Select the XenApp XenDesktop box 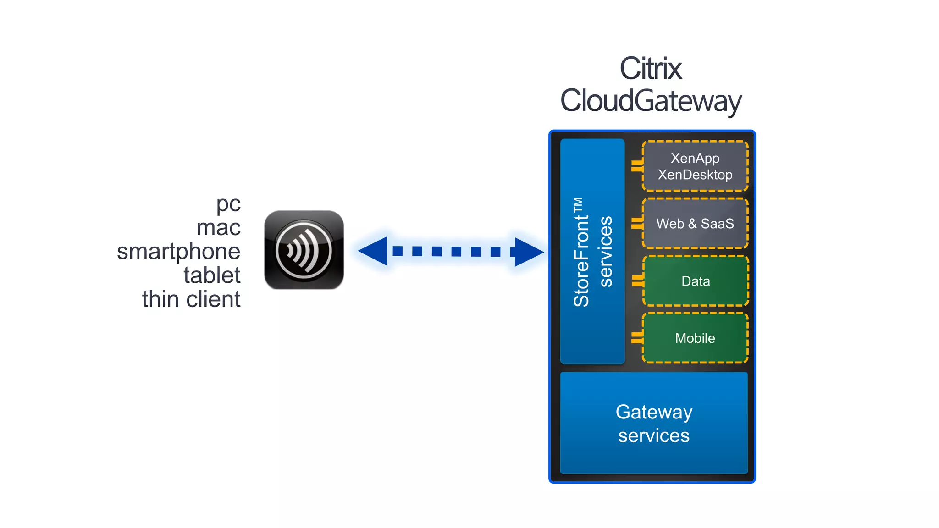click(x=695, y=166)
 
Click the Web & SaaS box click(x=695, y=224)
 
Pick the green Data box click(x=696, y=281)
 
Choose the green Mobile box click(x=695, y=338)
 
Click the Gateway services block click(x=654, y=423)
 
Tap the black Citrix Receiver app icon click(x=304, y=250)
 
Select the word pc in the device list click(x=228, y=204)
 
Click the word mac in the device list click(x=218, y=228)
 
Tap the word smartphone click(x=178, y=252)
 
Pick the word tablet click(x=212, y=275)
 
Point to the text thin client click(x=191, y=299)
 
